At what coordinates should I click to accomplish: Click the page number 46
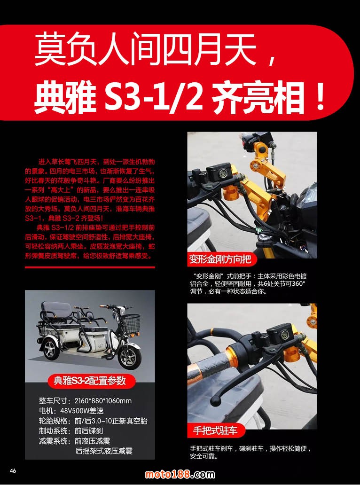coord(13,471)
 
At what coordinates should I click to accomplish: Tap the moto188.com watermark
coord(180,474)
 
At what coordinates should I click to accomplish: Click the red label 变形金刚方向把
coord(220,259)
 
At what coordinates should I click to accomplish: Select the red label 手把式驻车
coord(215,430)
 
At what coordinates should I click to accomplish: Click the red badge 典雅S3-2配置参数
coord(90,381)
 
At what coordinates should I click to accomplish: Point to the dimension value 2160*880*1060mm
coord(103,401)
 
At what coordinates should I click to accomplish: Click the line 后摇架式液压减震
coord(104,451)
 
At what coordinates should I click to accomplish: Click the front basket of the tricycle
coord(130,323)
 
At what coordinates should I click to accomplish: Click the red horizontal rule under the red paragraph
coord(90,267)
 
